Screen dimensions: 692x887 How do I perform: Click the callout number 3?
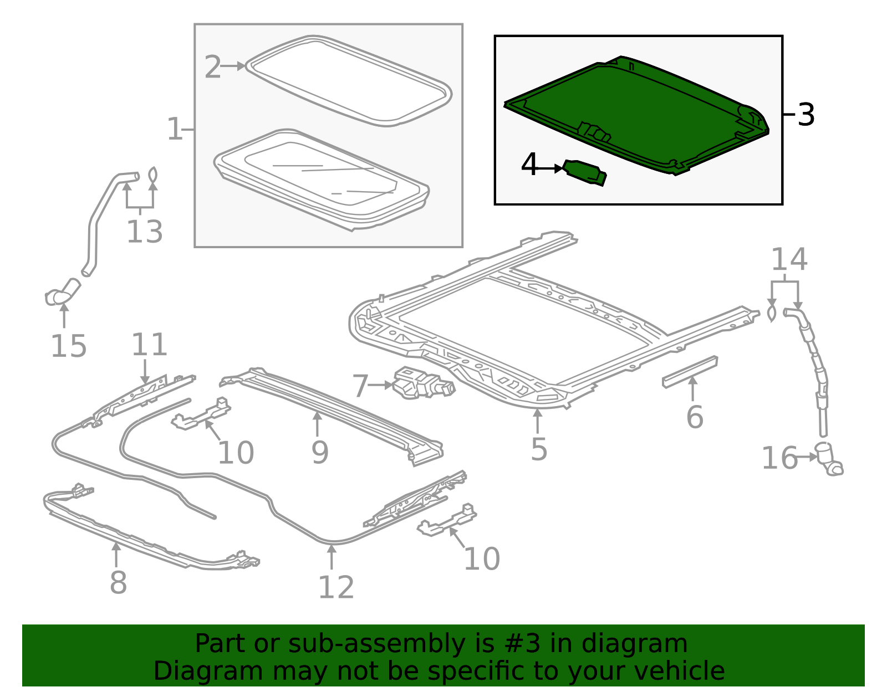click(806, 115)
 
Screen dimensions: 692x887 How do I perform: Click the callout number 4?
click(529, 165)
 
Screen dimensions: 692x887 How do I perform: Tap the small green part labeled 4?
click(584, 172)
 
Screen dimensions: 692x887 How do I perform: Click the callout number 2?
click(212, 67)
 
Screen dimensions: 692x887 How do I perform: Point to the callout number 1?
click(174, 130)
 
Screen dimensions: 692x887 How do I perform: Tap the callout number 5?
click(538, 449)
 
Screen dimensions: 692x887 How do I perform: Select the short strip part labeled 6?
click(690, 371)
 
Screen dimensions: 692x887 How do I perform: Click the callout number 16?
click(779, 459)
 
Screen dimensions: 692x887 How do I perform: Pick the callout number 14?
click(789, 259)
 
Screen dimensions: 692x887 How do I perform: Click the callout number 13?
click(144, 232)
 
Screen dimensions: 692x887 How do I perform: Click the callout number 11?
click(149, 345)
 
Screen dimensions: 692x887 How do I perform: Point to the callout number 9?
click(320, 453)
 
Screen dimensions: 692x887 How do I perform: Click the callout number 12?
click(336, 587)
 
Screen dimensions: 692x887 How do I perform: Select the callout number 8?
click(118, 582)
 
